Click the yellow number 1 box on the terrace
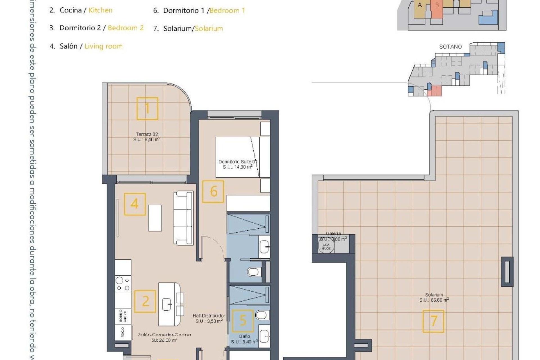[147, 109]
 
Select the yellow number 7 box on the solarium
[433, 321]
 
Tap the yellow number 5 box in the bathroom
[243, 321]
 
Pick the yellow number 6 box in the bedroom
[213, 192]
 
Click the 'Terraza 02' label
[147, 134]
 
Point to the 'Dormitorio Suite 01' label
[238, 162]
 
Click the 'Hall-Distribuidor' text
[209, 316]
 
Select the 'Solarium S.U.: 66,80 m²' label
[434, 297]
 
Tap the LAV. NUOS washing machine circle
[326, 247]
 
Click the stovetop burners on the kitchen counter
[123, 284]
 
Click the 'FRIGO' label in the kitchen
[123, 332]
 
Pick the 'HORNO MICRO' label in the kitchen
[123, 316]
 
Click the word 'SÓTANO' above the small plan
[450, 47]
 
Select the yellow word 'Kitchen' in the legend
[100, 10]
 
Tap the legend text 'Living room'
[103, 46]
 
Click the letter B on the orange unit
[437, 5]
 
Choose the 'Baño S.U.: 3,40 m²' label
[244, 339]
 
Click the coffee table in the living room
[155, 218]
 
